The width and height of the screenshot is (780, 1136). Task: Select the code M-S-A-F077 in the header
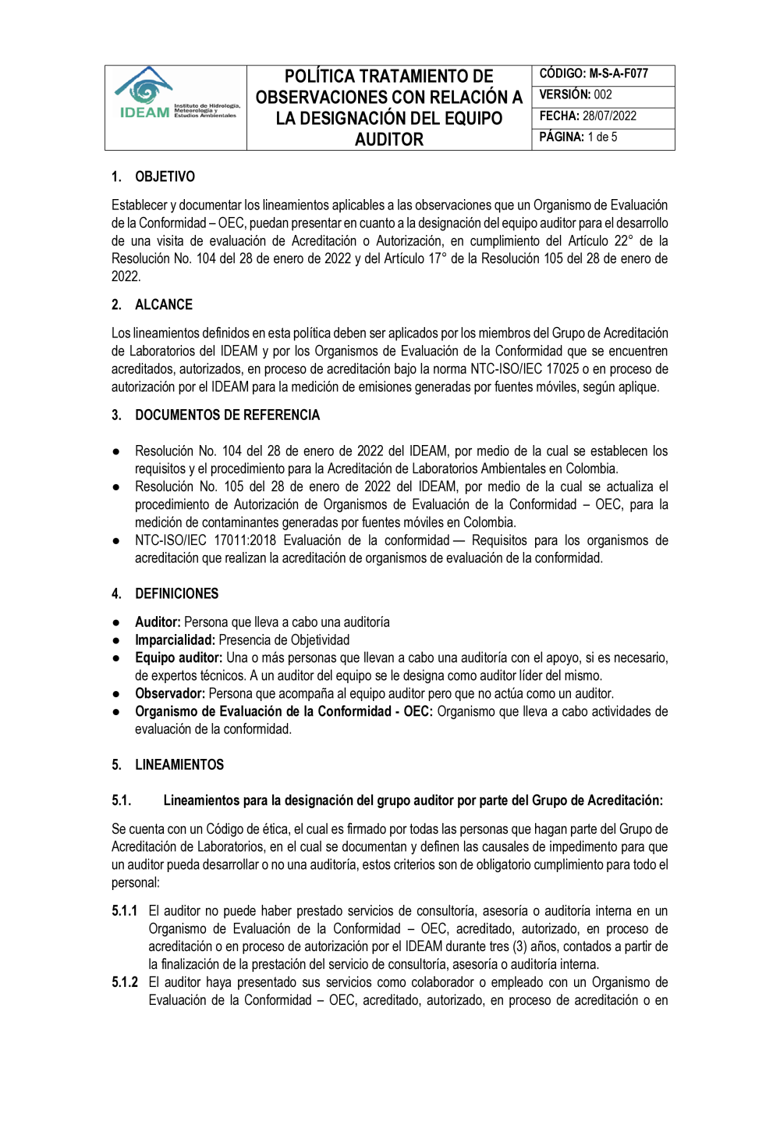click(619, 74)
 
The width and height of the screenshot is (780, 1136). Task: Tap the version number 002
click(603, 95)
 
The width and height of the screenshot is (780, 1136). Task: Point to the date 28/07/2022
click(609, 116)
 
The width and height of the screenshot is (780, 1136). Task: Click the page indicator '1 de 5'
click(602, 137)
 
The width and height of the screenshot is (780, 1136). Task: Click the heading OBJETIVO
click(165, 177)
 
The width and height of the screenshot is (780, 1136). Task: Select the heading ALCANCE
click(164, 305)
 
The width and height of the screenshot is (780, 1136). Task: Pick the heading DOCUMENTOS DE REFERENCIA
click(227, 415)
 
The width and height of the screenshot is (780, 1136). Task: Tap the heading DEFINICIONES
click(176, 594)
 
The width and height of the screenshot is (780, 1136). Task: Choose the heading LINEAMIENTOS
click(179, 765)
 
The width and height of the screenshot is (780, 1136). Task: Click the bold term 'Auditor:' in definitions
click(158, 622)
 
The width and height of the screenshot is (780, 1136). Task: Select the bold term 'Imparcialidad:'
click(175, 640)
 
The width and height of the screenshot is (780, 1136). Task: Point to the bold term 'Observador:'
click(170, 694)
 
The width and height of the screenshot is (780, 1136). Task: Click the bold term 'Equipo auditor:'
click(179, 658)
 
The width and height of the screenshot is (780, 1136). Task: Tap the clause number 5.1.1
click(124, 911)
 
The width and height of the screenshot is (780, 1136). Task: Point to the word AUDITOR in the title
click(389, 140)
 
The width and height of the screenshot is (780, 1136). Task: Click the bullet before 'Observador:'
click(115, 694)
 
